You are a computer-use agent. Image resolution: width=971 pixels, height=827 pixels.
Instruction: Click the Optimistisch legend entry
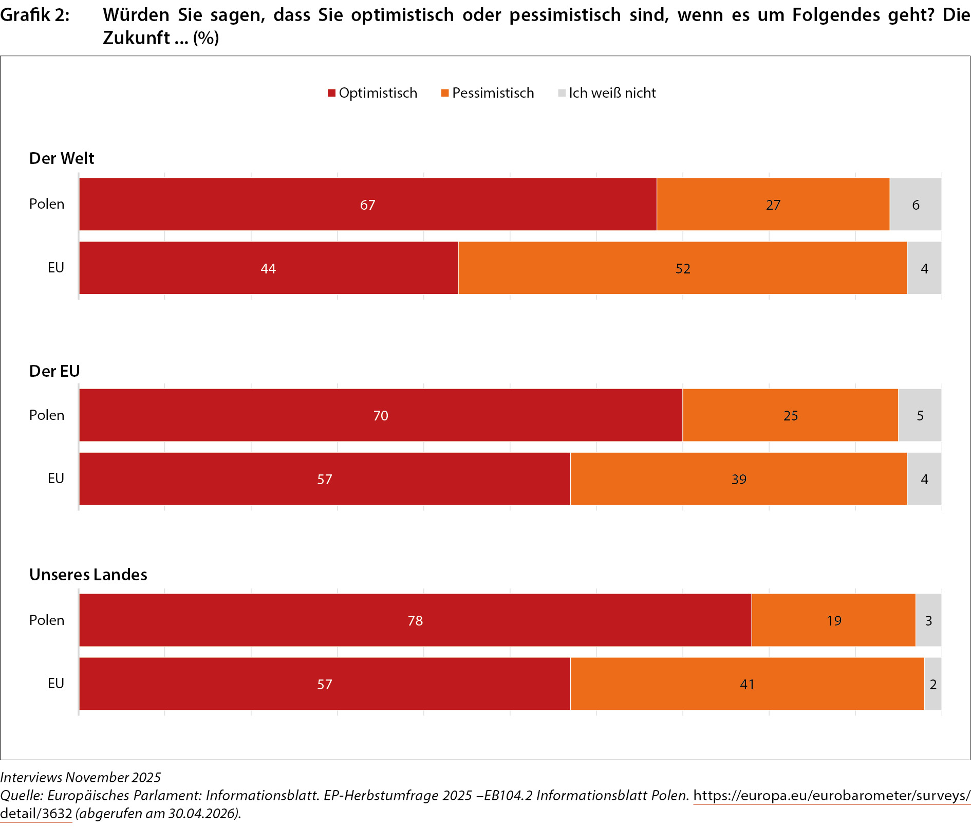(x=372, y=93)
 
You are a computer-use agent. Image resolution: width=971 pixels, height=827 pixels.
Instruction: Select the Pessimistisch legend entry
(x=488, y=93)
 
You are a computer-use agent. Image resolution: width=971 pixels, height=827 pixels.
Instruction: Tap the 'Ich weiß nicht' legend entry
(x=607, y=93)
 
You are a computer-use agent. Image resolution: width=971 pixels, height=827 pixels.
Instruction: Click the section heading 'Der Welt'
(x=62, y=158)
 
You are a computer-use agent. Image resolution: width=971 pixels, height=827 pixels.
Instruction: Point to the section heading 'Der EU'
(x=54, y=371)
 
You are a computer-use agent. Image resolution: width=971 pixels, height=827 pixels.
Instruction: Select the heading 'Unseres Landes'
(x=88, y=575)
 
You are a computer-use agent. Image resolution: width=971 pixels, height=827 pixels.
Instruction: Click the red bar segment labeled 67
(x=368, y=204)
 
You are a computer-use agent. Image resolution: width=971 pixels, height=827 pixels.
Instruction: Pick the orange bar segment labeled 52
(x=683, y=268)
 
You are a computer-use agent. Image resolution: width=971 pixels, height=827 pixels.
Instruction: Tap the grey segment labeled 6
(x=916, y=204)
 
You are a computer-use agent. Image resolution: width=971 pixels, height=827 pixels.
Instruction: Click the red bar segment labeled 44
(x=269, y=268)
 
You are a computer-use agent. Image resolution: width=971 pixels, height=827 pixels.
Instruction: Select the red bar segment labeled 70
(x=381, y=415)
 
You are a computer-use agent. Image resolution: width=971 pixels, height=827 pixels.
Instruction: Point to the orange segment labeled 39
(x=739, y=479)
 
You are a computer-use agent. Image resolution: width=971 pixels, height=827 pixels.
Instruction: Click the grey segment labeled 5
(x=920, y=415)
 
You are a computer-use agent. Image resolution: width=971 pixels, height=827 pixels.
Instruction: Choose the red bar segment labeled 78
(x=415, y=620)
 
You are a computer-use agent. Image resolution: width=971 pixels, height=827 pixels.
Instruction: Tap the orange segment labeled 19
(x=834, y=620)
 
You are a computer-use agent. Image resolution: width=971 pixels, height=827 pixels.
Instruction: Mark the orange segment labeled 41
(x=748, y=684)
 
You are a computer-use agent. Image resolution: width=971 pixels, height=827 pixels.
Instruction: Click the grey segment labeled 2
(x=933, y=684)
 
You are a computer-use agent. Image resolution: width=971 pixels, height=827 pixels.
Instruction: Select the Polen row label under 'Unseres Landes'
(x=47, y=620)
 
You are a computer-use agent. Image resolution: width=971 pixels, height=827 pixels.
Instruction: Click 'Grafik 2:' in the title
(x=35, y=15)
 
